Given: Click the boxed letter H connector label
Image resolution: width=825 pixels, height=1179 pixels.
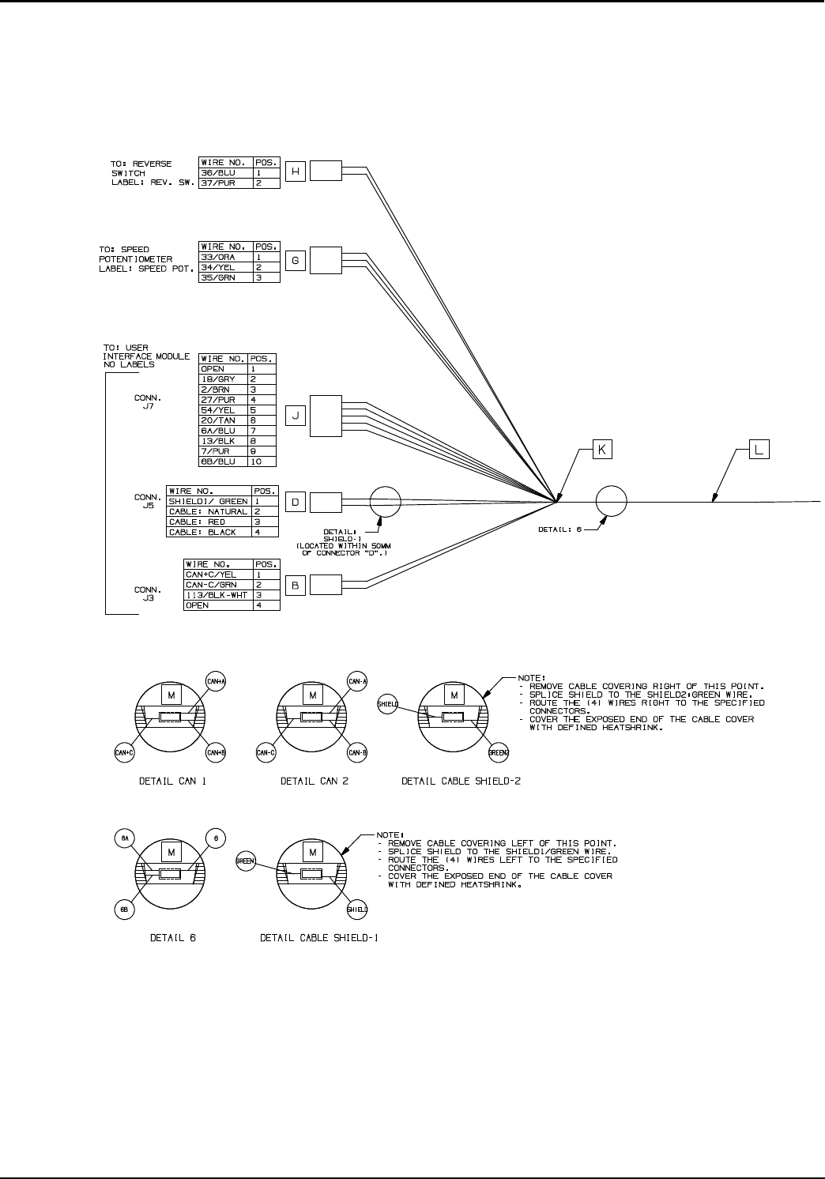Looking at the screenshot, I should click(x=295, y=172).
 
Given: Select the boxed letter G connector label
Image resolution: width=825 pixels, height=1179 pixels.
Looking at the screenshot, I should click(x=295, y=261).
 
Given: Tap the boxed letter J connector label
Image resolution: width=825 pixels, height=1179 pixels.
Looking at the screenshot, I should click(x=295, y=415).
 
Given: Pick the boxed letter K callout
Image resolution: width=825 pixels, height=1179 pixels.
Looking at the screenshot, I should click(x=602, y=450).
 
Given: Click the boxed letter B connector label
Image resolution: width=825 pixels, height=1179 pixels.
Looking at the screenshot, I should click(x=295, y=585).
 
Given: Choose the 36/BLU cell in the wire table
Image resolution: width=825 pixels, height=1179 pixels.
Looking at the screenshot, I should click(x=225, y=173).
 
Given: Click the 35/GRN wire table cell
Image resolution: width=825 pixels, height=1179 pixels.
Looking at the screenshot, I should click(x=225, y=277).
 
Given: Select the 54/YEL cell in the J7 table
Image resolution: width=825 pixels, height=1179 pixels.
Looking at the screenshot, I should click(x=223, y=410).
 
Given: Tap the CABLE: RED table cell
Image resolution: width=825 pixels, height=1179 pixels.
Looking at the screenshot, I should click(x=208, y=522).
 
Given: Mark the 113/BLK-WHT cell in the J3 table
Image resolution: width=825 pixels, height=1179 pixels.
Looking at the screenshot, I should click(x=217, y=595).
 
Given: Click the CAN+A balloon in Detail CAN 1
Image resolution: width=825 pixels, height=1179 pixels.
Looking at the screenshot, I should click(x=216, y=681).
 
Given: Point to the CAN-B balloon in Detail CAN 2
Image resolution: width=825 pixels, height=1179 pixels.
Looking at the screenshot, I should click(x=358, y=752).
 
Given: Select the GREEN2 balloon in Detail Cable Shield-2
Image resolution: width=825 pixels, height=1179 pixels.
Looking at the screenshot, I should click(x=498, y=753).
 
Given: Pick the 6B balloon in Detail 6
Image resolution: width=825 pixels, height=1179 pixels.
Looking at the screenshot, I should click(x=124, y=910).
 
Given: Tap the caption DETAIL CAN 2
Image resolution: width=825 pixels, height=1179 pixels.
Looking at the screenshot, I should click(x=315, y=782).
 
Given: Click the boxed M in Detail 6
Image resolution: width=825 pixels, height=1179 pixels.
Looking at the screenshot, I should click(x=171, y=853).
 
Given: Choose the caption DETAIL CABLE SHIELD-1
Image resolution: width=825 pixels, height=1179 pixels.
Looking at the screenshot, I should click(x=319, y=938).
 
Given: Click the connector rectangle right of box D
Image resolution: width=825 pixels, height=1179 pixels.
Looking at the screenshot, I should click(x=326, y=502).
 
